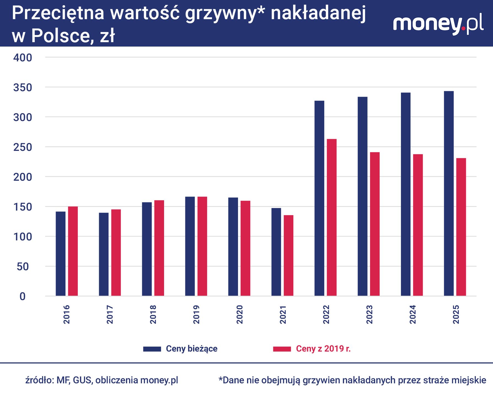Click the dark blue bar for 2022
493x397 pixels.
pyautogui.click(x=319, y=198)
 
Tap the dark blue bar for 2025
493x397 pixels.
pyautogui.click(x=449, y=193)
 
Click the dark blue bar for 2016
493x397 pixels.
pyautogui.click(x=61, y=254)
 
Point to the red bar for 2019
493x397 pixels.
pyautogui.click(x=202, y=246)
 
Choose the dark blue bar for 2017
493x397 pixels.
pyautogui.click(x=104, y=254)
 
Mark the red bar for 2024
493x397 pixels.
pyautogui.click(x=418, y=225)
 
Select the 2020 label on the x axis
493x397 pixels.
pyautogui.click(x=240, y=314)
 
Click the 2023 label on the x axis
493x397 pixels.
pyautogui.click(x=369, y=314)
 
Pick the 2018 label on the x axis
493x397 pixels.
pyautogui.click(x=153, y=314)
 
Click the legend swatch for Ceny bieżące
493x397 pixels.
pyautogui.click(x=152, y=349)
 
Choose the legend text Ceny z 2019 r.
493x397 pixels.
pyautogui.click(x=323, y=349)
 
